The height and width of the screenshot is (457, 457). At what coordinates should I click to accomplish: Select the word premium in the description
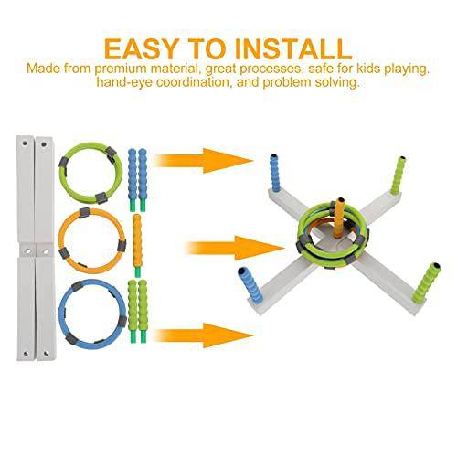(x=121, y=69)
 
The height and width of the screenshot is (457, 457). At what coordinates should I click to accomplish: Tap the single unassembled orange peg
(x=137, y=245)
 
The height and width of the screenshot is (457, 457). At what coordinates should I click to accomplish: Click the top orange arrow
(x=204, y=161)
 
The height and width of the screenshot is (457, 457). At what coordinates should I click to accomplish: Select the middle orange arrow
(x=235, y=248)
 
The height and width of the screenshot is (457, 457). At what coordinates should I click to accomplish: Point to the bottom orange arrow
(x=204, y=335)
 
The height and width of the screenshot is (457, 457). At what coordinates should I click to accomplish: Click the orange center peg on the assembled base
(x=339, y=217)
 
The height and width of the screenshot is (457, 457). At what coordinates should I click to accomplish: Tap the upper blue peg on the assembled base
(x=276, y=173)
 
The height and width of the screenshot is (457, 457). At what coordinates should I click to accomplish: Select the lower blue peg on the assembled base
(x=250, y=284)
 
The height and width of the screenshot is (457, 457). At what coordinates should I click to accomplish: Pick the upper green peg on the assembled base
(x=398, y=175)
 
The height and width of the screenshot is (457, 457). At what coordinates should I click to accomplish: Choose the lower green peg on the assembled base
(x=427, y=282)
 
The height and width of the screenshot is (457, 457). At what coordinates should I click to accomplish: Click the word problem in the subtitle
(x=287, y=82)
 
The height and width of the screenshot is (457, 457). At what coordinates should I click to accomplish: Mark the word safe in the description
(x=320, y=69)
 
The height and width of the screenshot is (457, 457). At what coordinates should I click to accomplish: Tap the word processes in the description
(x=271, y=69)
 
